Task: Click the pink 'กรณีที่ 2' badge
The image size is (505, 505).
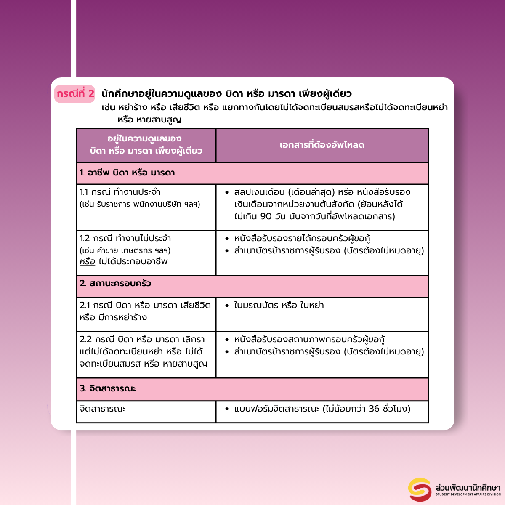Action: point(75,93)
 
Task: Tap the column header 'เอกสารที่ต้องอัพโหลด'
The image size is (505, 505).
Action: point(322,145)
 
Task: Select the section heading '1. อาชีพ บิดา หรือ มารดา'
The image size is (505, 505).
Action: point(127,173)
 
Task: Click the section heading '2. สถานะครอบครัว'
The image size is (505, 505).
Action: point(115,283)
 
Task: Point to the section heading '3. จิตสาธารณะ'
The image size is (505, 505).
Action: point(108,388)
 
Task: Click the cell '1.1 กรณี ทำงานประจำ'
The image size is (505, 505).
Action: point(120,192)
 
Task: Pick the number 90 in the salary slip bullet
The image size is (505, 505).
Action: point(266,216)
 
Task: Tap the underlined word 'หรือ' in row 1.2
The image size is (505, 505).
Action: point(88,261)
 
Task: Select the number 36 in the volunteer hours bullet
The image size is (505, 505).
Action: point(374,409)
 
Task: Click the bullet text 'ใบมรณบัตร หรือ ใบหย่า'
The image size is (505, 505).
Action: point(279,305)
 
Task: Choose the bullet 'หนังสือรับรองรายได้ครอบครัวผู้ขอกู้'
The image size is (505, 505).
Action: point(302,239)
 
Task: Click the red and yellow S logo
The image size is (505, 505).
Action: point(420,489)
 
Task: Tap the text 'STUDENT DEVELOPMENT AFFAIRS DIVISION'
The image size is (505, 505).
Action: point(468,494)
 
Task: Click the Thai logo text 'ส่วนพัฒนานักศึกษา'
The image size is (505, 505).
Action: point(468,487)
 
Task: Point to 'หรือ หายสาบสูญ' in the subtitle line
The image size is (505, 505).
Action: point(149,120)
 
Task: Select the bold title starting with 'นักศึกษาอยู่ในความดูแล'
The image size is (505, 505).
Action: point(226,93)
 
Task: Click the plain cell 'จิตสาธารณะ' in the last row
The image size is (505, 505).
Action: point(103,409)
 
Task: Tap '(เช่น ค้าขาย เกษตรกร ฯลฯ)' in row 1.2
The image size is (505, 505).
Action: point(125,250)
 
